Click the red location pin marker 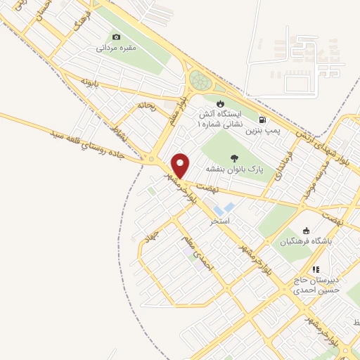pos(181,165)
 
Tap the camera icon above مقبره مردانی pos(116,37)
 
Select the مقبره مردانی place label pos(115,49)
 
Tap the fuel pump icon pos(262,120)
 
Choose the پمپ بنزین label pos(262,131)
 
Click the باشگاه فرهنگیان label pos(305,242)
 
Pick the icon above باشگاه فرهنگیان pos(305,231)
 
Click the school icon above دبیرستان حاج pos(316,269)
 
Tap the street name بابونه pos(88,82)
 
